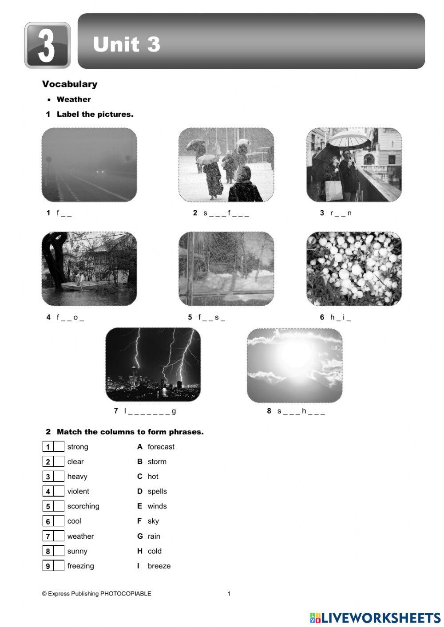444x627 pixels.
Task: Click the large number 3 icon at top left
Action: (x=47, y=45)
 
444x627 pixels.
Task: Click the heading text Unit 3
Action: (x=127, y=44)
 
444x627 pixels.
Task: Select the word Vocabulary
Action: (x=70, y=84)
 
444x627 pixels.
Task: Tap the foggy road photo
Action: (x=89, y=165)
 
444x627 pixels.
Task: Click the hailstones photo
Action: (x=354, y=268)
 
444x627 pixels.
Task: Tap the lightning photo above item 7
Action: (x=153, y=364)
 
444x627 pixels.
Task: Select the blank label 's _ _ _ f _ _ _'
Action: (x=226, y=213)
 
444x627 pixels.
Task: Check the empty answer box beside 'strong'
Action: (x=59, y=447)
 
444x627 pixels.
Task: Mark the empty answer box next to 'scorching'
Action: (x=59, y=506)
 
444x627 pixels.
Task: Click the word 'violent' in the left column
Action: (x=78, y=491)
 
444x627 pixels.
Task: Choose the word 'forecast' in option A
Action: (x=161, y=447)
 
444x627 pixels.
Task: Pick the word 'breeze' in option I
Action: (x=159, y=566)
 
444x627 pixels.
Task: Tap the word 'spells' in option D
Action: (x=157, y=491)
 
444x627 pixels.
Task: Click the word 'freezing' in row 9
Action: (x=80, y=566)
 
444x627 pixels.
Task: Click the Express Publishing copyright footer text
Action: (x=96, y=594)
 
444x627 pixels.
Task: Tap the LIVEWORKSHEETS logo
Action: (x=375, y=618)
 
